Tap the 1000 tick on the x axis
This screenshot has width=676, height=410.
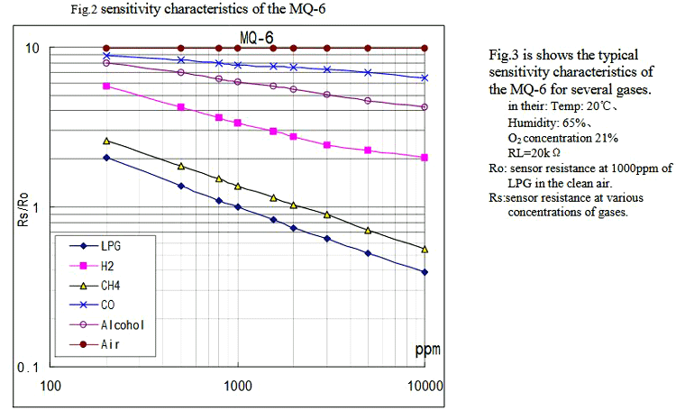238,386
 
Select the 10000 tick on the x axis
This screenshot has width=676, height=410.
425,386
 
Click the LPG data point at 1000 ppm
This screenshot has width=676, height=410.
238,207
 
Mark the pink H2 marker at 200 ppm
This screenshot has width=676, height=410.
106,87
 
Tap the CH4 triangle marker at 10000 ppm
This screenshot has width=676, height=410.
425,249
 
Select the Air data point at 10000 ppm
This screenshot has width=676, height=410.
425,48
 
